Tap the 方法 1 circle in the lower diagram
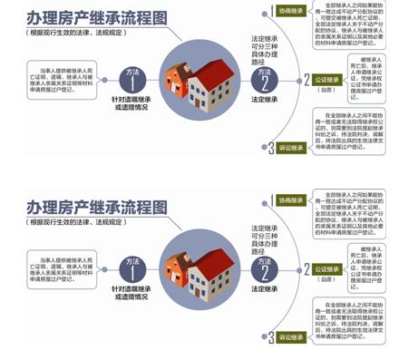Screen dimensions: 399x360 [133, 268]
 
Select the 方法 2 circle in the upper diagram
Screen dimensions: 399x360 [264, 79]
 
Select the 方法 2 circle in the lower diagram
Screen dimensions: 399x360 [264, 268]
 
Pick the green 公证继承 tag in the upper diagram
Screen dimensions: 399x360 [326, 80]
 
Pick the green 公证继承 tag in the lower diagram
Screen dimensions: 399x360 [326, 269]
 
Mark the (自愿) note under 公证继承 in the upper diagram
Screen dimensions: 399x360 [326, 90]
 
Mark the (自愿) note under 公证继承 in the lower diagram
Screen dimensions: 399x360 [326, 279]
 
